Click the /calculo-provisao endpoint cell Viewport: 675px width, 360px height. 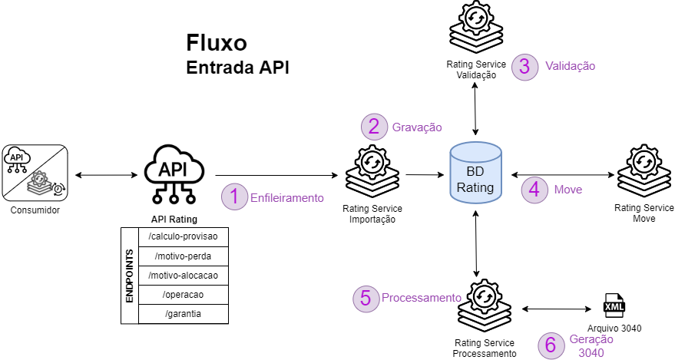click(x=184, y=236)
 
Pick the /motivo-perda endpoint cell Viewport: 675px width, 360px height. click(x=184, y=256)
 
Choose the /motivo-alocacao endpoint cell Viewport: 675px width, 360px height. click(x=184, y=276)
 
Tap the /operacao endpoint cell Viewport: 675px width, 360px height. click(x=184, y=295)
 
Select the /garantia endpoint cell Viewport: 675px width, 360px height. click(x=184, y=314)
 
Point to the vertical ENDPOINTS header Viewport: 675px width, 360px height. click(x=129, y=275)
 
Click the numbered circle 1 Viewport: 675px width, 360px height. click(x=233, y=197)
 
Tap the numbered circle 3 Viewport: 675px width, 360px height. click(x=524, y=66)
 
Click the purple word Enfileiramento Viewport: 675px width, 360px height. click(x=287, y=198)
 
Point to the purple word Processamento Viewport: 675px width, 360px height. click(x=421, y=298)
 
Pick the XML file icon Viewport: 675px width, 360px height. click(x=615, y=306)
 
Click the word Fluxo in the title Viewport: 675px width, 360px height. click(x=217, y=43)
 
